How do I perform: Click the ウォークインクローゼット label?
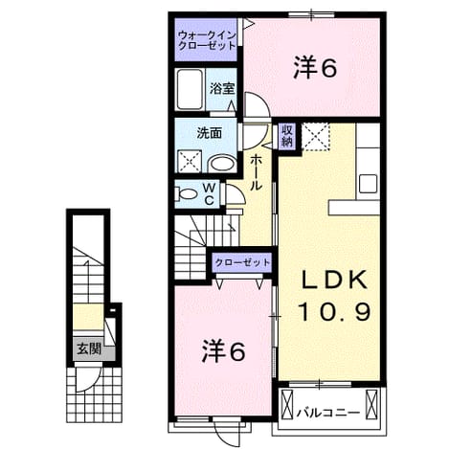[207, 40]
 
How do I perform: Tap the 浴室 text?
[222, 89]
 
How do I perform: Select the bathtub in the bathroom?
[191, 89]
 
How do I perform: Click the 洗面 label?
[209, 133]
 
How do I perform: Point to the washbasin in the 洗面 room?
[222, 164]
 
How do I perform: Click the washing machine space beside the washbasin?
[190, 162]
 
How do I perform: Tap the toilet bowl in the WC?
[186, 193]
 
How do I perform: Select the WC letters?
[210, 193]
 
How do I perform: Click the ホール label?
[256, 172]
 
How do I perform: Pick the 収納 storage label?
[287, 135]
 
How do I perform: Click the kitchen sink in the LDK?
[368, 184]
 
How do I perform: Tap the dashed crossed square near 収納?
[315, 136]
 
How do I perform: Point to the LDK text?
[334, 280]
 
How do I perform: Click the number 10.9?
[335, 311]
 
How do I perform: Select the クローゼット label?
[242, 262]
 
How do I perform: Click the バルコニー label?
[328, 414]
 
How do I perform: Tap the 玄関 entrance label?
[89, 349]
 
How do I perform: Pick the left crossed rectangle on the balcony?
[287, 403]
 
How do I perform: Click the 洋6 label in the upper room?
[315, 68]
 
